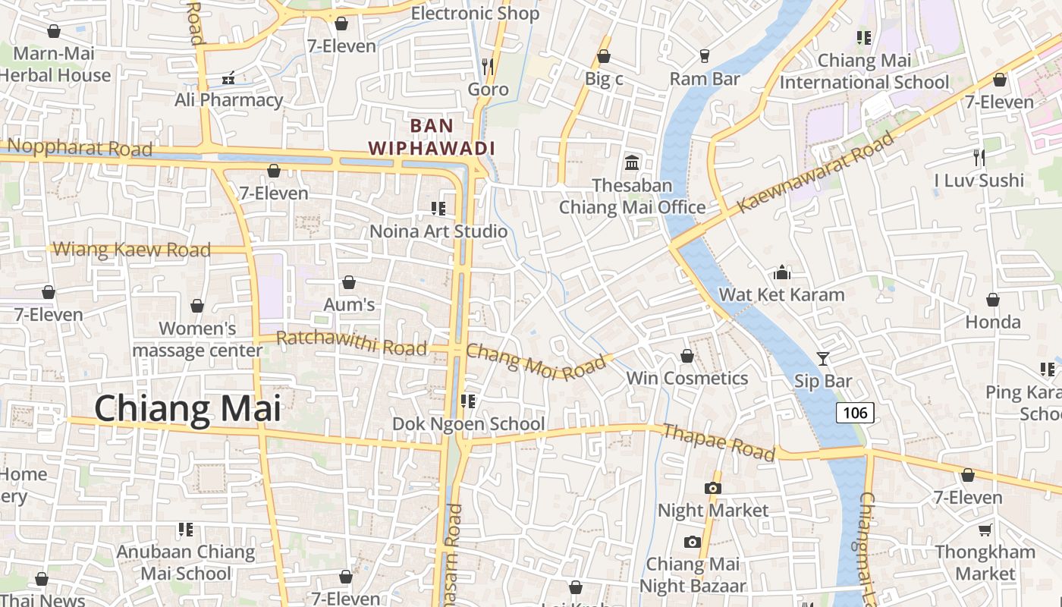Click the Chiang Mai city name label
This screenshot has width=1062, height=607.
[187, 408]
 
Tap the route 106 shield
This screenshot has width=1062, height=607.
[855, 413]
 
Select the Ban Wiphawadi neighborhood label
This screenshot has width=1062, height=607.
[432, 137]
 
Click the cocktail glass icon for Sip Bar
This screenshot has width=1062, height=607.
[823, 358]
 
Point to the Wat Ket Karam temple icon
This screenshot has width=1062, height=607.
[782, 272]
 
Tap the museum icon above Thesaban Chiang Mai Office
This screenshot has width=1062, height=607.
[631, 162]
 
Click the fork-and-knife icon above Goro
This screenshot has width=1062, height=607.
[488, 67]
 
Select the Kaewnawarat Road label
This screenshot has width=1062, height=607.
[816, 171]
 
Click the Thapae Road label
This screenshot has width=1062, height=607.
[718, 442]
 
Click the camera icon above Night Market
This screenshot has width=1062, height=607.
[712, 488]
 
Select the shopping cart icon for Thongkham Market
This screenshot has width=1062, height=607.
[985, 530]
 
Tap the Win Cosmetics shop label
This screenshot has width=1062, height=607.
[687, 378]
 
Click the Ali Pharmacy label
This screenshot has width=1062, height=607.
[228, 99]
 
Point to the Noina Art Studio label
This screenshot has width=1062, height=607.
[438, 231]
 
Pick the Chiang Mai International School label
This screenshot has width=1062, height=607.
[864, 71]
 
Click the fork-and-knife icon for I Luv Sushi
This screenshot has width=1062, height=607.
[979, 158]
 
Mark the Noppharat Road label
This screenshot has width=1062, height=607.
[80, 148]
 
